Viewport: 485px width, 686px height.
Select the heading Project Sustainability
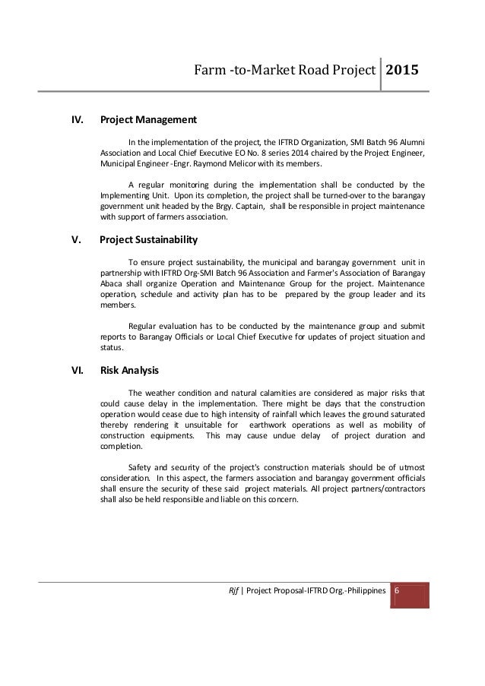[x=149, y=240]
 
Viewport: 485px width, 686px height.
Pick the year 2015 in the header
[x=404, y=71]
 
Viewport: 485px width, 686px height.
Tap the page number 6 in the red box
[x=398, y=590]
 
